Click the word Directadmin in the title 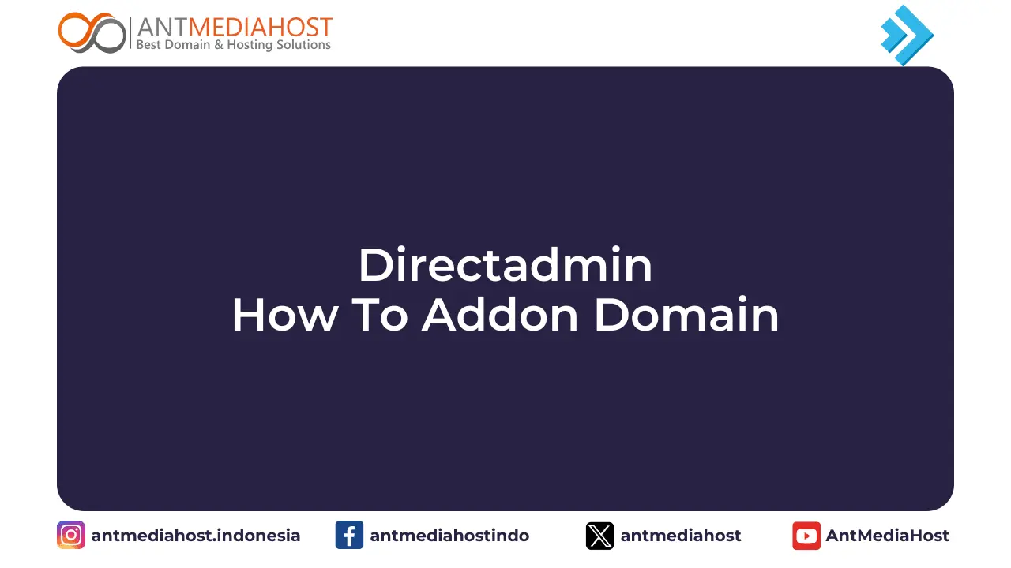(505, 266)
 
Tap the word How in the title (284, 315)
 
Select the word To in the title (379, 315)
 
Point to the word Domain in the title (686, 315)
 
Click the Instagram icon (71, 536)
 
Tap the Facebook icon (349, 536)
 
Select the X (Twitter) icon (599, 536)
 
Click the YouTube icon (806, 536)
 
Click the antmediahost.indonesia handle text (196, 536)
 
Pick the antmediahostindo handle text (449, 536)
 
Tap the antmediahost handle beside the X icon (681, 536)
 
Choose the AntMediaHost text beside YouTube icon (888, 536)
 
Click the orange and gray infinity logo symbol (92, 33)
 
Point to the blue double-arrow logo (907, 35)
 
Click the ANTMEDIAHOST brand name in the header (235, 27)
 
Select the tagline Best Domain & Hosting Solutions (234, 45)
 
